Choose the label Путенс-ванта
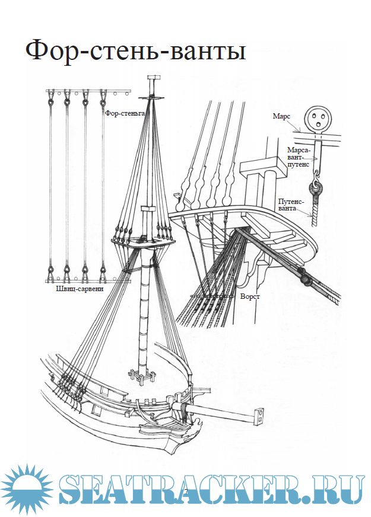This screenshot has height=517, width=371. tap(289, 205)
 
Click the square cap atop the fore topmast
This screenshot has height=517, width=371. tap(154, 78)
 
